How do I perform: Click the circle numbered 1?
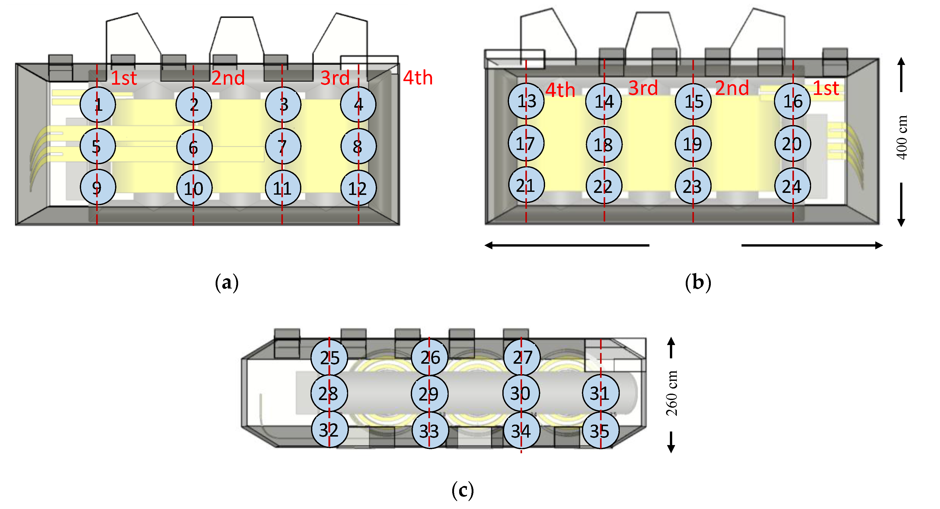[x=98, y=105]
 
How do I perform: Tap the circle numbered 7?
[x=283, y=146]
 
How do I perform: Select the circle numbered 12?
[x=358, y=188]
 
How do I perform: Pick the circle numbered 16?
[x=792, y=101]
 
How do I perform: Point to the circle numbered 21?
[x=526, y=185]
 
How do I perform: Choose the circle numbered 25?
[x=329, y=358]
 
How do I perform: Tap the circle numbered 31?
[x=600, y=393]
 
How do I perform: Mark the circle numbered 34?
[x=522, y=430]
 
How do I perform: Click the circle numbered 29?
[x=429, y=394]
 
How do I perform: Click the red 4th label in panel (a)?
[x=418, y=78]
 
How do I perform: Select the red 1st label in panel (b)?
[x=826, y=88]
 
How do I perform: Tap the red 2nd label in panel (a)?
[x=228, y=78]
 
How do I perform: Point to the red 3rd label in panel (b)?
[x=643, y=88]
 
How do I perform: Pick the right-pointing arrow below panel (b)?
[x=812, y=246]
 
